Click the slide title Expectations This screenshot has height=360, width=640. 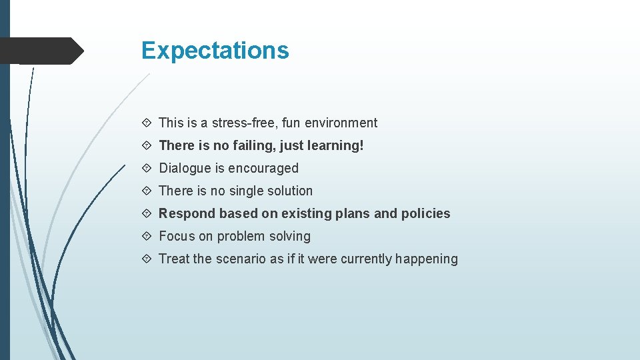(215, 51)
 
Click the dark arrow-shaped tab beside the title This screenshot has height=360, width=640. (40, 51)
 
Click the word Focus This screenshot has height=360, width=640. (177, 236)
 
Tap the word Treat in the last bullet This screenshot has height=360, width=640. (174, 259)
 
